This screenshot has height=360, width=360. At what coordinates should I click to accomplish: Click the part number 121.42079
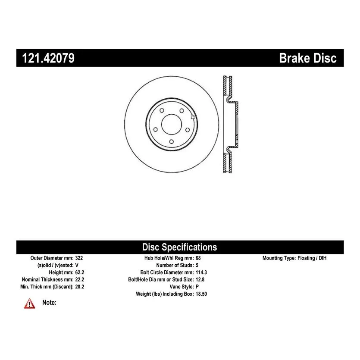click(48, 58)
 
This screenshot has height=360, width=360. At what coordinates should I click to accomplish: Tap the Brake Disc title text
click(308, 58)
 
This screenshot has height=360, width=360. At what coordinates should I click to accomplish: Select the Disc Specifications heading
click(179, 247)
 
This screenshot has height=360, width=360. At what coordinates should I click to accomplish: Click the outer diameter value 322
click(79, 258)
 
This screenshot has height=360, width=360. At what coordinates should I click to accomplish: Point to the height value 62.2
click(80, 272)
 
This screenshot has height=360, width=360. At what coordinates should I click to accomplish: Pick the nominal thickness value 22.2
click(80, 279)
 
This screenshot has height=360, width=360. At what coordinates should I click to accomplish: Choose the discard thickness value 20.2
click(80, 287)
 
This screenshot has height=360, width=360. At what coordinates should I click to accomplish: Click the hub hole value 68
click(198, 258)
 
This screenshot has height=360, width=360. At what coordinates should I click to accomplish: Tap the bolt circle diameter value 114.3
click(201, 272)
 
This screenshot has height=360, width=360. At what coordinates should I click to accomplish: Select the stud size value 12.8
click(200, 279)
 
